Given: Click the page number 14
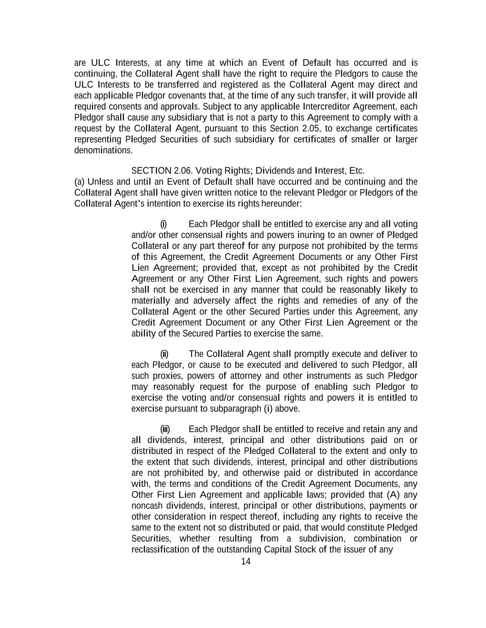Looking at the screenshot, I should click(x=246, y=561).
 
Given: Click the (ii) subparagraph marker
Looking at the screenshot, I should click(x=164, y=354).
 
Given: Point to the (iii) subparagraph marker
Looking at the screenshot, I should click(x=165, y=430).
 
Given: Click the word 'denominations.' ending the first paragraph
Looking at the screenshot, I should click(x=103, y=150).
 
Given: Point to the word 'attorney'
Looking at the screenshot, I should click(x=235, y=376).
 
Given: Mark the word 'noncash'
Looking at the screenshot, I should click(x=147, y=506).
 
